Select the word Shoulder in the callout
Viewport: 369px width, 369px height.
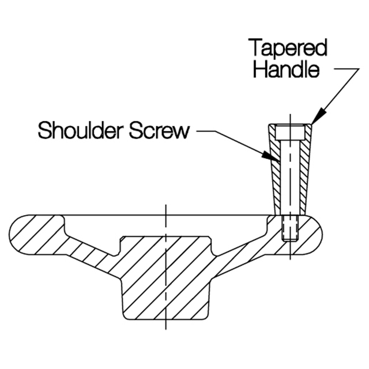point(81,131)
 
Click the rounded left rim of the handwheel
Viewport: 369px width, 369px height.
point(23,234)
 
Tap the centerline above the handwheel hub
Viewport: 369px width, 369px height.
point(165,210)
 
